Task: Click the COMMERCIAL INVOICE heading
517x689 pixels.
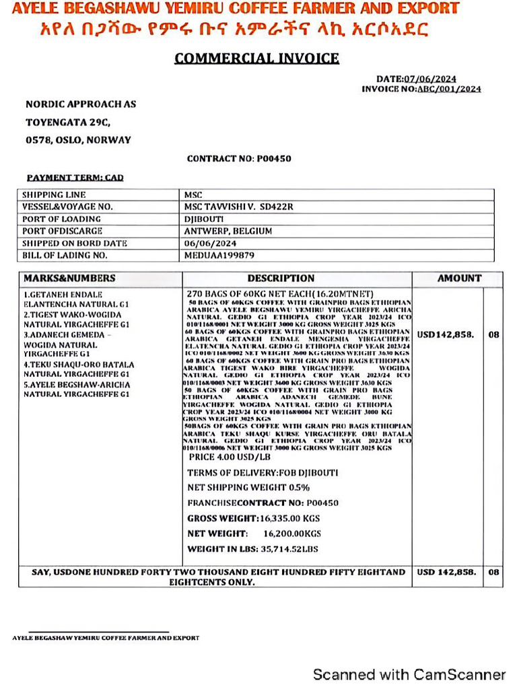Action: (256, 58)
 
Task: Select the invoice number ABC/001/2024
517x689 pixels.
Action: (450, 89)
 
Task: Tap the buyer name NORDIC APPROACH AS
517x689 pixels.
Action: (81, 104)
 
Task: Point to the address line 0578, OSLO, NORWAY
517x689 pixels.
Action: (78, 140)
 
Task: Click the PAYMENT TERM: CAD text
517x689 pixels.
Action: (75, 178)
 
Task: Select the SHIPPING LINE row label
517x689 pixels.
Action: (53, 194)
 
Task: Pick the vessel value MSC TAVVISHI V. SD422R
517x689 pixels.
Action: (239, 207)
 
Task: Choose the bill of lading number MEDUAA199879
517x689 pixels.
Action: (219, 256)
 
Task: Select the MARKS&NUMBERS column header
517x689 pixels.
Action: (69, 278)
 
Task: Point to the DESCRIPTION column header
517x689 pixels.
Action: (281, 278)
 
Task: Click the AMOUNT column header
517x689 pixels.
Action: (459, 278)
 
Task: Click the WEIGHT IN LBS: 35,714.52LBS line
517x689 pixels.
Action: (252, 549)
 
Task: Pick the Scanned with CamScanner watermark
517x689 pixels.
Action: (409, 674)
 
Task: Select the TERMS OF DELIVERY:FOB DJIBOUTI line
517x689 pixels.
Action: (263, 473)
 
